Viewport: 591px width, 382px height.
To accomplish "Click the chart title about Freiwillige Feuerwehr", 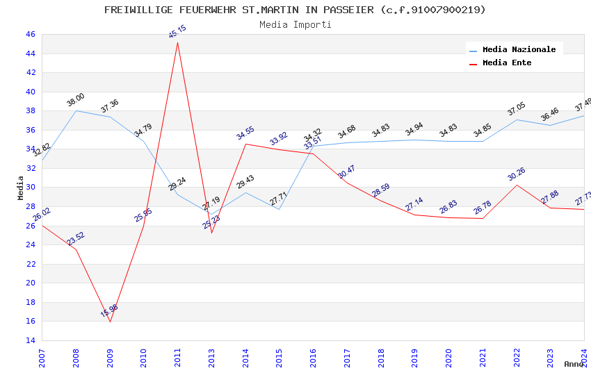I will (x=295, y=10).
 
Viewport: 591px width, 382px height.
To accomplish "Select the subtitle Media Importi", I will (x=295, y=24).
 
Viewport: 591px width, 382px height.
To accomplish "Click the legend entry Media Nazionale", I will (x=519, y=49).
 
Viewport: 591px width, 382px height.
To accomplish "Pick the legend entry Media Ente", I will (x=506, y=63).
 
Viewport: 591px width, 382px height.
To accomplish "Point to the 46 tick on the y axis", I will (x=30, y=34).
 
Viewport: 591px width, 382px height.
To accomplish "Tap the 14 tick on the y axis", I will (x=30, y=340).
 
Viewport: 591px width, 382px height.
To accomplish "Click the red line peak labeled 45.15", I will (x=177, y=42).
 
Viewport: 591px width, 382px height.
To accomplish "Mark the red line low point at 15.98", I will (x=110, y=322).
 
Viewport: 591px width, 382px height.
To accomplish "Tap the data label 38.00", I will (x=75, y=99).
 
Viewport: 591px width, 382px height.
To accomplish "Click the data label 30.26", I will (x=516, y=174).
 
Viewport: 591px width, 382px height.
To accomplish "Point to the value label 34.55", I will (x=245, y=133).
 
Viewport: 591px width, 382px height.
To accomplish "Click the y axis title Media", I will (x=20, y=187).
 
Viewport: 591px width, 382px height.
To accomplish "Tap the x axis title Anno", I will (x=574, y=364).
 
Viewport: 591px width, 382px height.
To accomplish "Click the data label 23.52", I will (x=76, y=238).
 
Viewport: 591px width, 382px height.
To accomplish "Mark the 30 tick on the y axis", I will (x=30, y=187).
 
